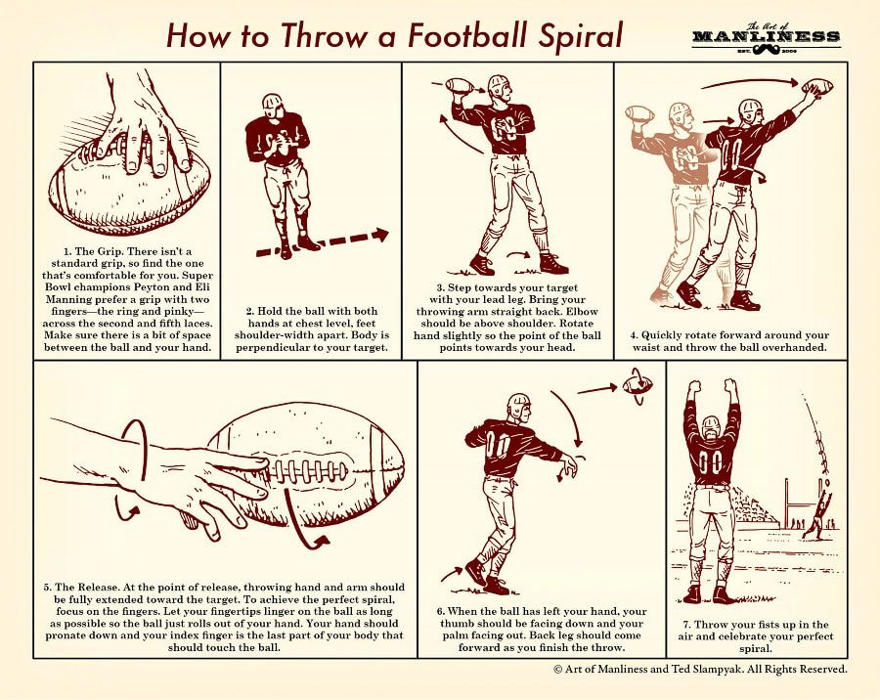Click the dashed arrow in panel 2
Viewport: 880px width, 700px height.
coord(323,242)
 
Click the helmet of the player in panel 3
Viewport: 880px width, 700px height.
coord(498,85)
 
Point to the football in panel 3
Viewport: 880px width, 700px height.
coord(459,86)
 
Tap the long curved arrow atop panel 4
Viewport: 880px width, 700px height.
coord(750,83)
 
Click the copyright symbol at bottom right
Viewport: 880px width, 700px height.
coord(558,669)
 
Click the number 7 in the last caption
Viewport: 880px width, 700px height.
coord(685,625)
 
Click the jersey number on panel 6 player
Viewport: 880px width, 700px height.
coord(498,445)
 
